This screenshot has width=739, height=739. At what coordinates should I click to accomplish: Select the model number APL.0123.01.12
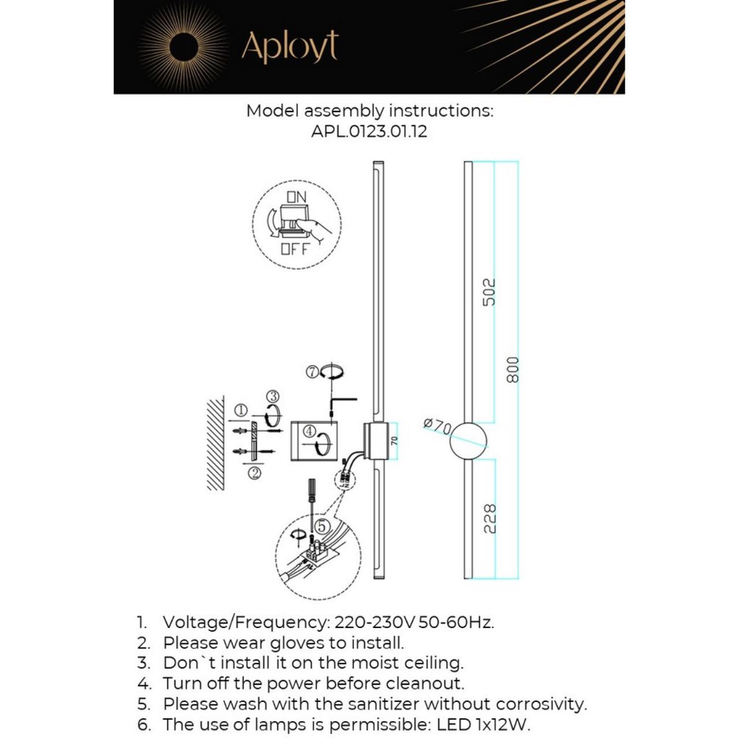tap(369, 131)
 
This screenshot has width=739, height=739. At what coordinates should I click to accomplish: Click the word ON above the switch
tap(297, 197)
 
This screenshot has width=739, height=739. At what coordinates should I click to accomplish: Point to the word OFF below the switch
tap(295, 249)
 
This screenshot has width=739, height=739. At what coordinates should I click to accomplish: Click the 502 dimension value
tap(488, 292)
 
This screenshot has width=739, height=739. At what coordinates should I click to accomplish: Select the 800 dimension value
tap(512, 369)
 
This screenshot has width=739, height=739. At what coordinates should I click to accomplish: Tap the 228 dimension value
tap(488, 518)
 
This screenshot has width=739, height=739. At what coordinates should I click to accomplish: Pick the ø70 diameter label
tap(437, 426)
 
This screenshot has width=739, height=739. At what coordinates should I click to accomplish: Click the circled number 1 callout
tap(241, 410)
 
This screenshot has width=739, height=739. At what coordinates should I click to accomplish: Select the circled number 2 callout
tap(255, 473)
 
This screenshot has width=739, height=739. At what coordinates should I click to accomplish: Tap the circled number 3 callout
tap(273, 397)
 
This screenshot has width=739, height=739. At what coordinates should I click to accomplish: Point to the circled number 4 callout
tap(310, 431)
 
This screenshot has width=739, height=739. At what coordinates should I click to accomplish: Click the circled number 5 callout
tap(322, 527)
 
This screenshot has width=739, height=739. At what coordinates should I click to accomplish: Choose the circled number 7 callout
tap(312, 372)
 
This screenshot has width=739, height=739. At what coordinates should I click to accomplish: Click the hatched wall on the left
tap(215, 443)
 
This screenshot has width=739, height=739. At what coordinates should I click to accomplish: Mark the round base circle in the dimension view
tap(468, 441)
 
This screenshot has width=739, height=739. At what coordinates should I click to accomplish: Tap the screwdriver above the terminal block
tap(312, 498)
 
